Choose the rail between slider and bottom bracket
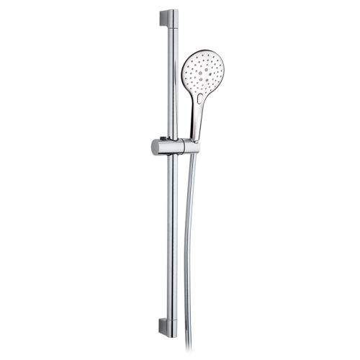(169, 238)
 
